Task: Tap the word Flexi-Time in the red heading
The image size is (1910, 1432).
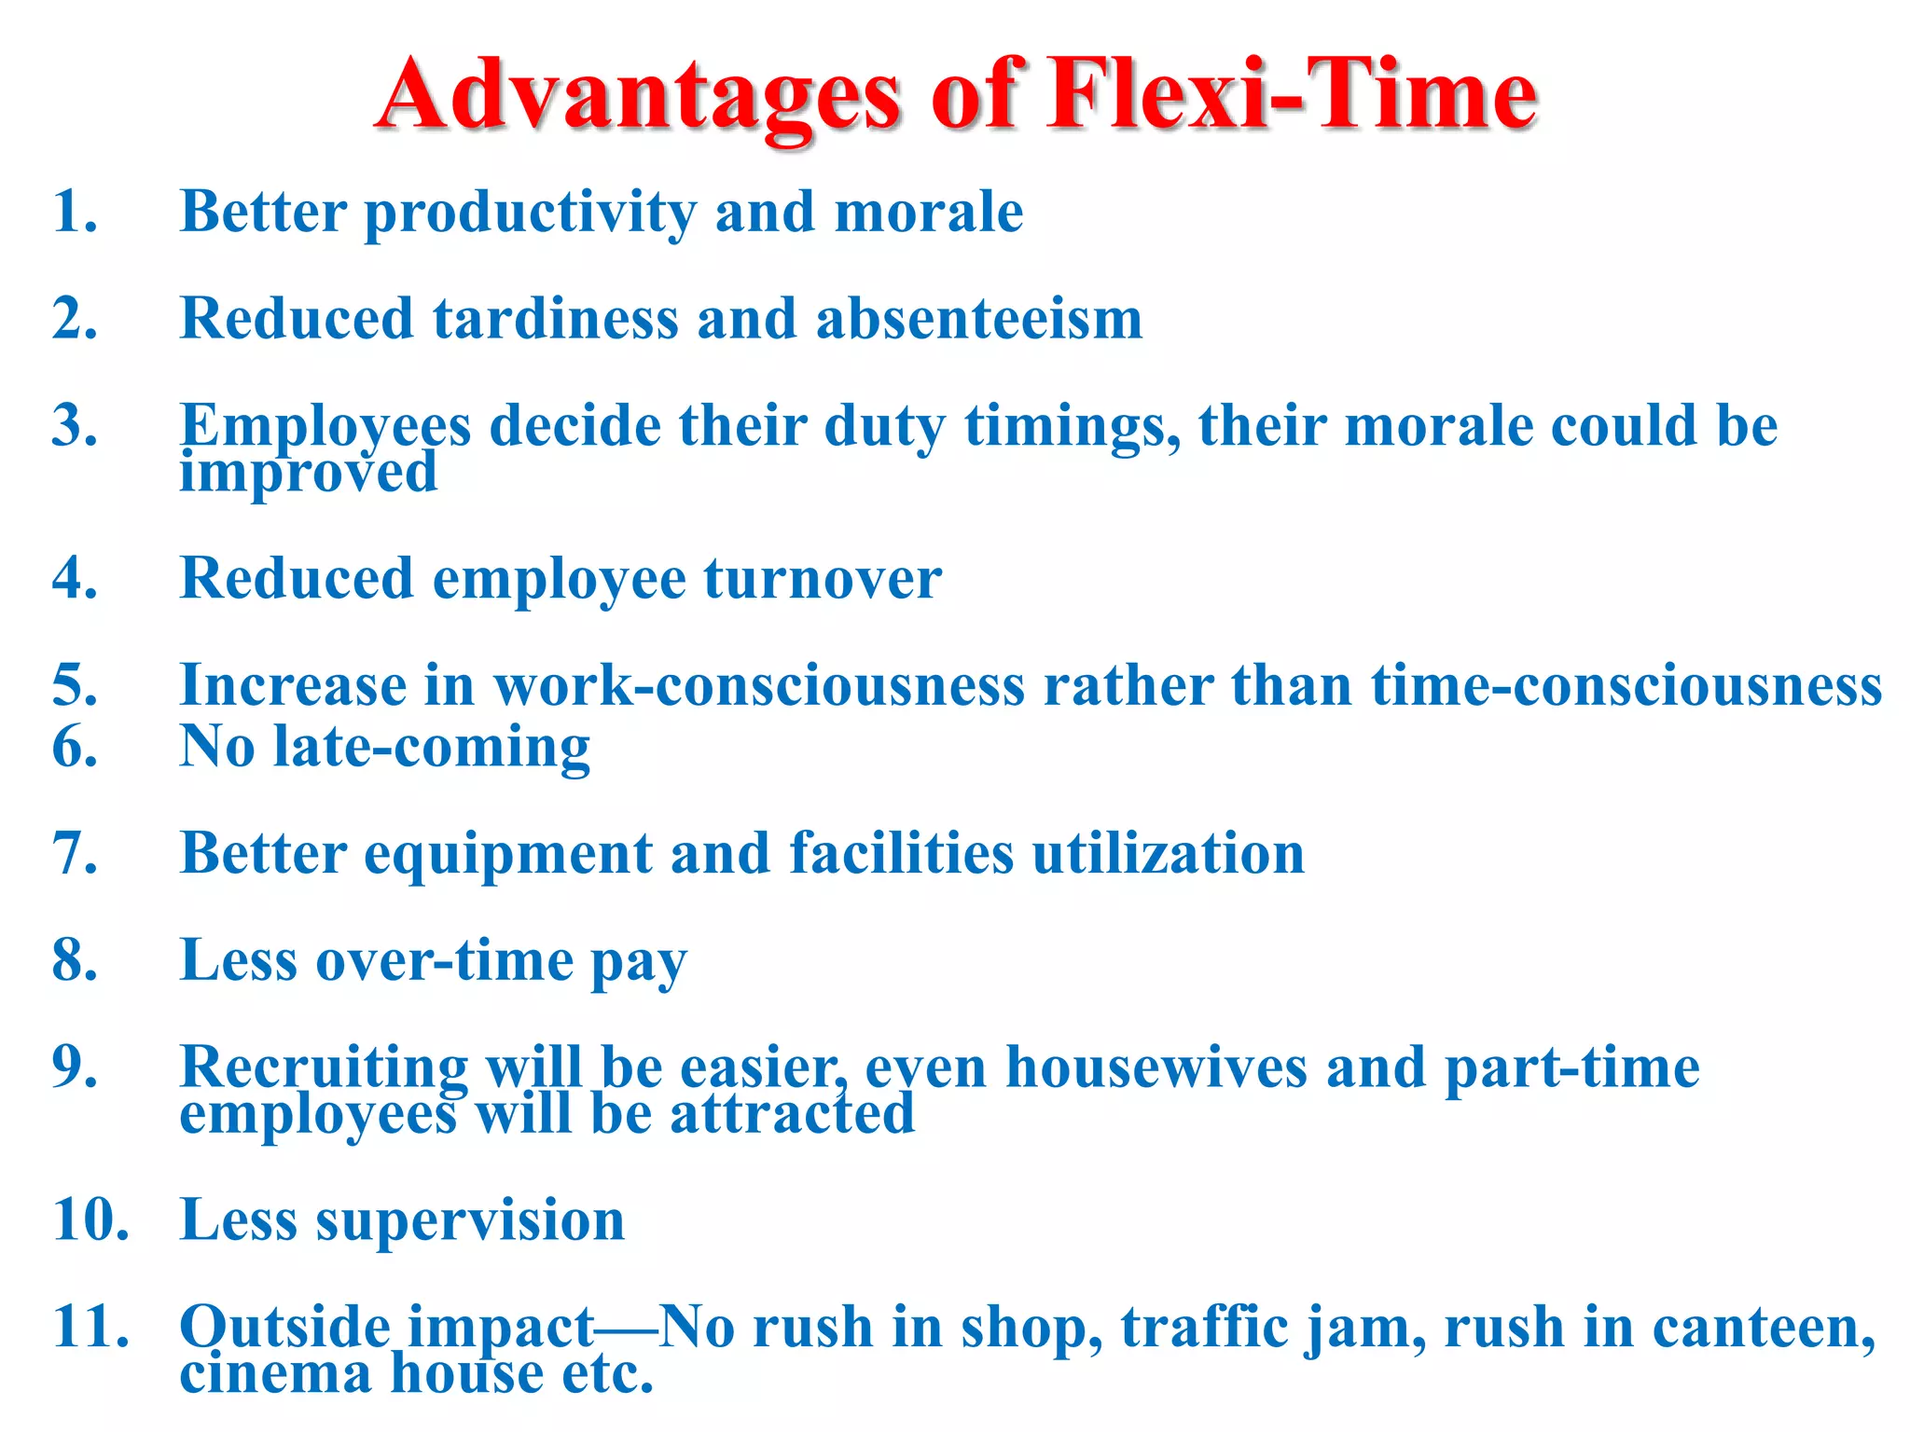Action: (x=1291, y=93)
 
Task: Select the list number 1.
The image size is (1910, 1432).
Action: (x=75, y=212)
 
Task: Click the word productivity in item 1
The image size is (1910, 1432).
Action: (x=530, y=213)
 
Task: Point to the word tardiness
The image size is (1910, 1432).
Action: (x=555, y=319)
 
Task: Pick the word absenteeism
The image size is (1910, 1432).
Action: (x=979, y=319)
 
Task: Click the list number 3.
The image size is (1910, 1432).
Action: (x=75, y=426)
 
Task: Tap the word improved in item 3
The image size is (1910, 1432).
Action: (x=308, y=472)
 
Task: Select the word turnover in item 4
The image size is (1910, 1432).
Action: (x=823, y=579)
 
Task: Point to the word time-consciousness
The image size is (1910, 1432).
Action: (x=1626, y=685)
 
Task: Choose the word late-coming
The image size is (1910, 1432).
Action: (x=432, y=747)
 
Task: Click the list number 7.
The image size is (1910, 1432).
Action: (x=75, y=853)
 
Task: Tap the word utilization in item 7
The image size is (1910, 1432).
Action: (x=1169, y=853)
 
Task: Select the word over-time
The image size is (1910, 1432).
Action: (x=445, y=960)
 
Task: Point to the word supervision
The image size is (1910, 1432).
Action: (x=470, y=1219)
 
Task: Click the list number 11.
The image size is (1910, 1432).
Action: (x=90, y=1327)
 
